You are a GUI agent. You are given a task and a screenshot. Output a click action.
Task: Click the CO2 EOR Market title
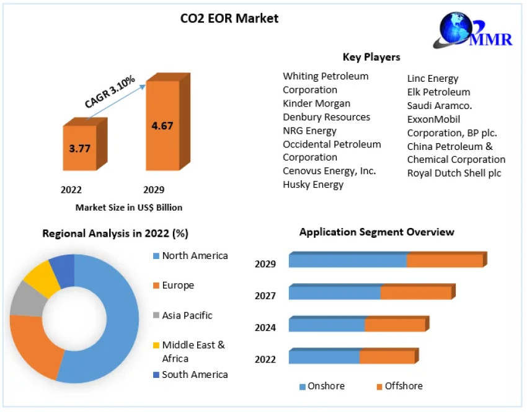(229, 19)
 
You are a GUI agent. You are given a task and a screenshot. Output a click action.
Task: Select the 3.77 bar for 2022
(79, 148)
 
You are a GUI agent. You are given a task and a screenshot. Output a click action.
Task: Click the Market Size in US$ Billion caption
(129, 208)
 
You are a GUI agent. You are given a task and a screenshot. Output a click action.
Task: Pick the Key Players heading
(371, 57)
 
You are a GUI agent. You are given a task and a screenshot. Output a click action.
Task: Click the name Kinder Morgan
(316, 103)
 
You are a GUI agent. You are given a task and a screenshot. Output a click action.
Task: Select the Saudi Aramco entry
(440, 106)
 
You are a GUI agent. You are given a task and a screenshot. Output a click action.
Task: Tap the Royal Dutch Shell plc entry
(454, 173)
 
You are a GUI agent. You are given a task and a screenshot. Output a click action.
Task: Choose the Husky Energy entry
(313, 184)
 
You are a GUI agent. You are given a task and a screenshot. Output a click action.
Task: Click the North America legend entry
(195, 256)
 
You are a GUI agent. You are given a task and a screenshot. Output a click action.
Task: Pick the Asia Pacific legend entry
(187, 315)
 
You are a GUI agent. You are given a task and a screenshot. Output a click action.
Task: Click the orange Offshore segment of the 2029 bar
(445, 261)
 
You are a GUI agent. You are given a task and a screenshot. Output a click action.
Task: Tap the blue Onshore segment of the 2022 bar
(324, 357)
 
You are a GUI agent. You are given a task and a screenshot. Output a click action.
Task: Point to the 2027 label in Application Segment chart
(265, 296)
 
